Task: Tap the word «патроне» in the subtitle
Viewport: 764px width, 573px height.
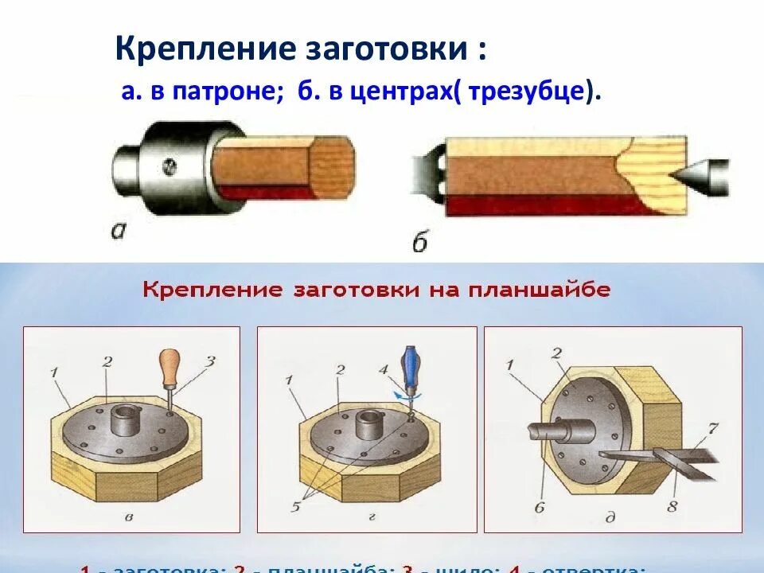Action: point(240,93)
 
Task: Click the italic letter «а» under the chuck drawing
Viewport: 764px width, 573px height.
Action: point(120,232)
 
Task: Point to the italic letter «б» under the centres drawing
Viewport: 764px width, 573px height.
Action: point(419,241)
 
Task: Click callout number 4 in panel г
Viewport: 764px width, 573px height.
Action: point(383,368)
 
